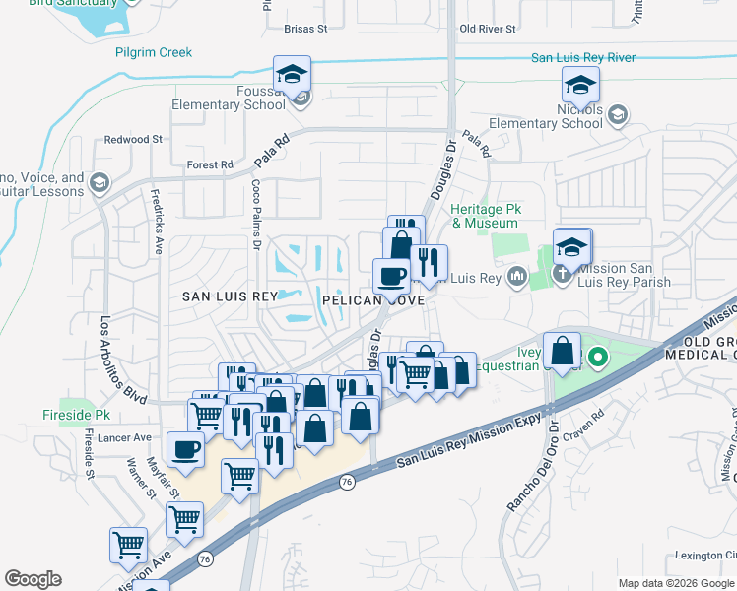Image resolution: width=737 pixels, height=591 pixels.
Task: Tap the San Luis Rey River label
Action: (582, 58)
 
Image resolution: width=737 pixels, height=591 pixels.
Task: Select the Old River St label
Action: (488, 30)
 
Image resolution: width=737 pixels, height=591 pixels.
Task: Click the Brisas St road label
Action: (304, 30)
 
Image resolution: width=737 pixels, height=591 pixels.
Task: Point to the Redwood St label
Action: (133, 140)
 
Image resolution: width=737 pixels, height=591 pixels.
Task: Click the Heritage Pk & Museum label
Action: (484, 217)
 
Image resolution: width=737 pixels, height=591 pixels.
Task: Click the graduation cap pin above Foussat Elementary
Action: (292, 74)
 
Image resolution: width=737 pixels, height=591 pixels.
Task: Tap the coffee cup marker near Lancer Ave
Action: (185, 450)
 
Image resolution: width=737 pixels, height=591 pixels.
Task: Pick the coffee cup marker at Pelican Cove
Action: (391, 277)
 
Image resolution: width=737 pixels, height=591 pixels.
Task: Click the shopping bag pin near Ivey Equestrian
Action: (561, 350)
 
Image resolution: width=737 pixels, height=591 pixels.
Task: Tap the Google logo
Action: (33, 579)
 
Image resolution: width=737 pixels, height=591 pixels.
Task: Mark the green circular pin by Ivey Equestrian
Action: (595, 357)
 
